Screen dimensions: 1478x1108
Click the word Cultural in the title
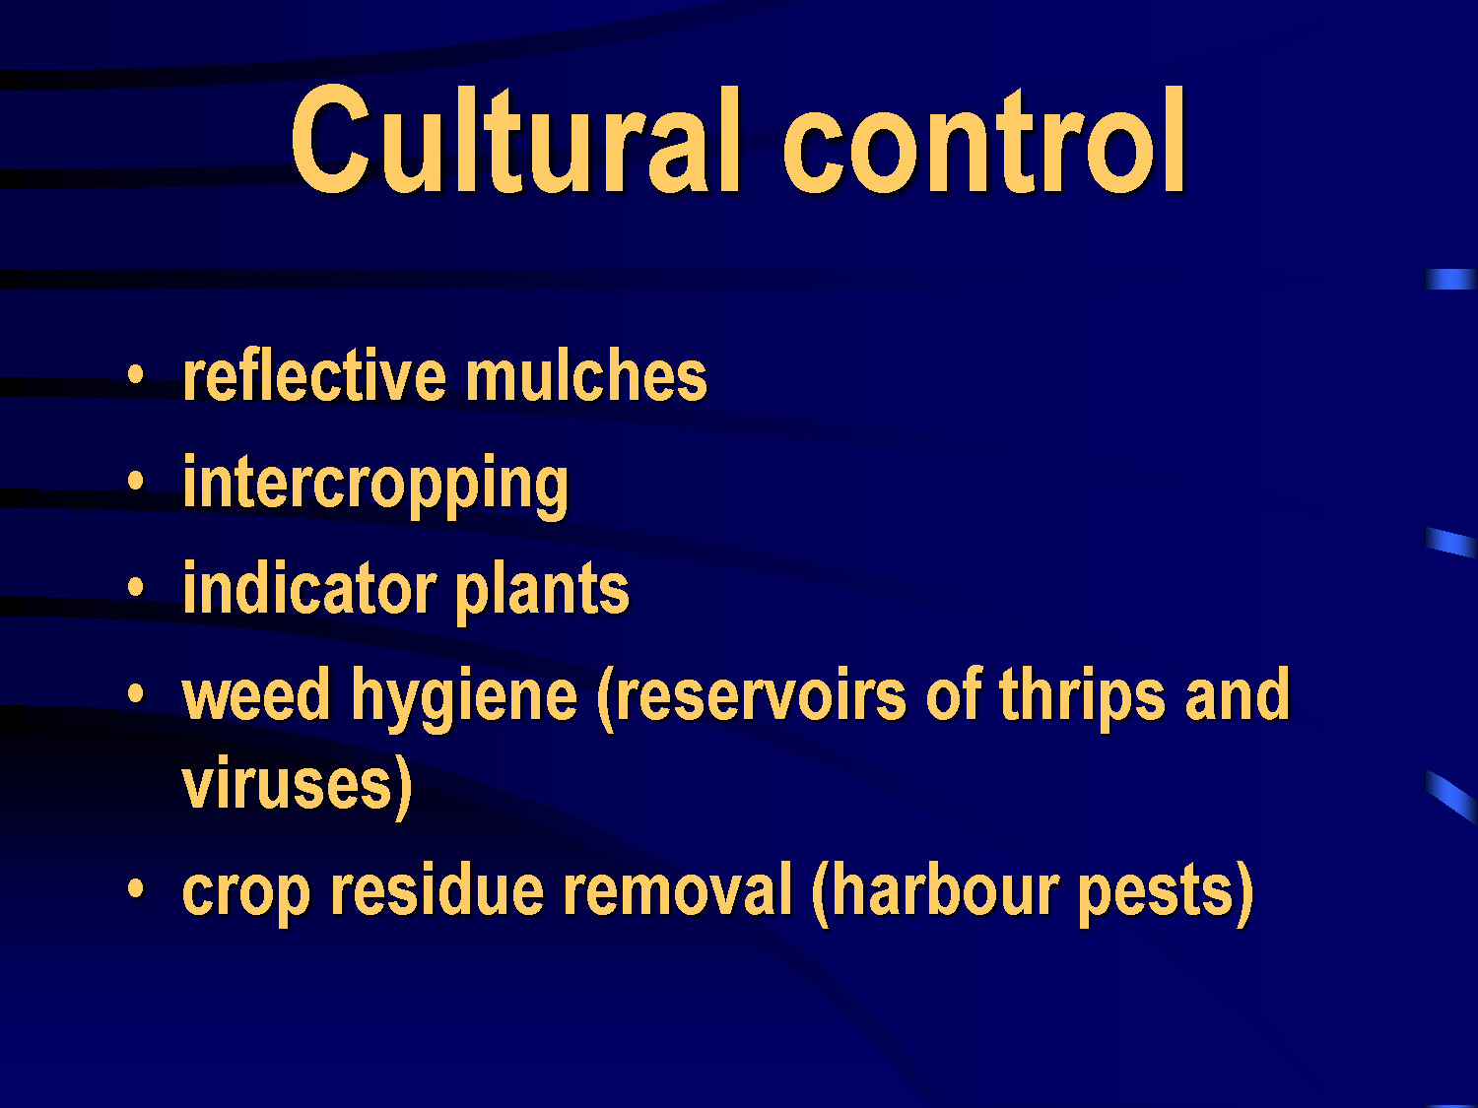[515, 139]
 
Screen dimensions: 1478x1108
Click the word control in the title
[983, 139]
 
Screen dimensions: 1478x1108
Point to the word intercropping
[375, 486]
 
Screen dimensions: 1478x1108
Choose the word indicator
[309, 589]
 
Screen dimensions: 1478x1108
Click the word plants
[543, 592]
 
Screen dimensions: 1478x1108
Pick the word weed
[256, 695]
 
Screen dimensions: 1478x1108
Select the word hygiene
[465, 699]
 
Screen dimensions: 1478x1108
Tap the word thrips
[1081, 699]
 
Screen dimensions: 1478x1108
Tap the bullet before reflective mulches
[136, 374]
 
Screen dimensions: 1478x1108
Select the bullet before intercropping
[136, 481]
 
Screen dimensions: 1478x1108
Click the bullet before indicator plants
[136, 587]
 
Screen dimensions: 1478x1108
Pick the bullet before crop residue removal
[136, 888]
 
